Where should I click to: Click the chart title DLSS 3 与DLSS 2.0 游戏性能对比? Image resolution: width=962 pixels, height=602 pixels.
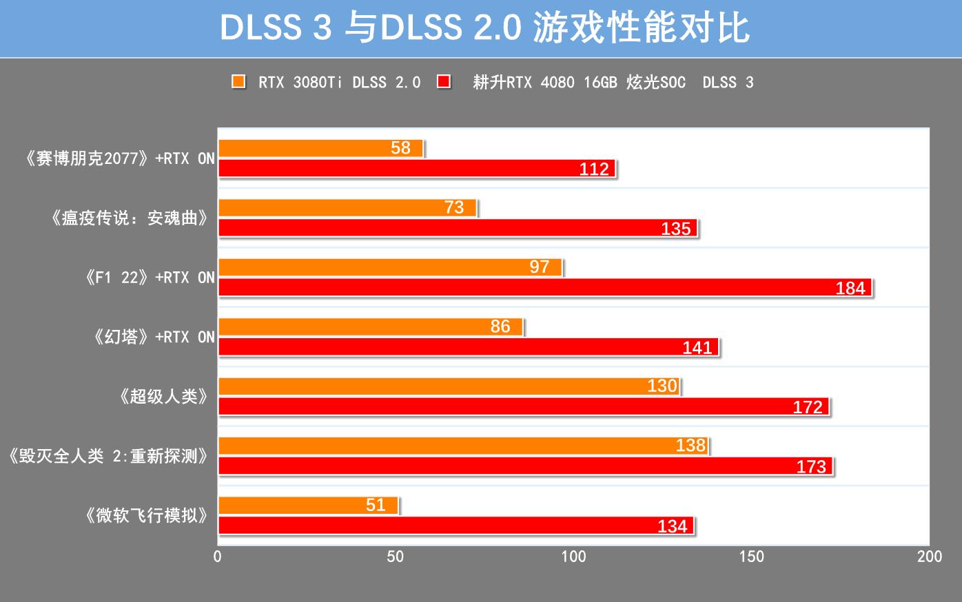[484, 29]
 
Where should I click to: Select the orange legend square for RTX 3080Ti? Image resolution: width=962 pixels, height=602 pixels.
[238, 82]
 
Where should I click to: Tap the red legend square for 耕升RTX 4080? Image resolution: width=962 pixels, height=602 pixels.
[444, 82]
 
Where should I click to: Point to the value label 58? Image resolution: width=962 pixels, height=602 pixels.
[400, 148]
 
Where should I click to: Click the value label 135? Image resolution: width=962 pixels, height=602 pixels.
[675, 229]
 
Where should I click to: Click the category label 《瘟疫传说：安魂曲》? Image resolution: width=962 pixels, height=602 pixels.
[130, 218]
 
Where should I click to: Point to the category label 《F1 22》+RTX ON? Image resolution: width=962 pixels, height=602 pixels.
[150, 278]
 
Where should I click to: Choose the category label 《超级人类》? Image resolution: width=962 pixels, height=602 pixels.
[163, 397]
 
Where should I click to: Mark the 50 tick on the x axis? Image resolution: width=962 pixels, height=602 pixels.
[396, 557]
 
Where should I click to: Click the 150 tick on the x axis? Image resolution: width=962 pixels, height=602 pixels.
[751, 557]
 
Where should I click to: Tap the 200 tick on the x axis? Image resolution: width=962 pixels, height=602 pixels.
[929, 557]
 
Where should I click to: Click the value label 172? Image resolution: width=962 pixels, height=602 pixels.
[808, 407]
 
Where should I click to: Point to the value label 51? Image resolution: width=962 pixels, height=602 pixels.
[376, 506]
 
